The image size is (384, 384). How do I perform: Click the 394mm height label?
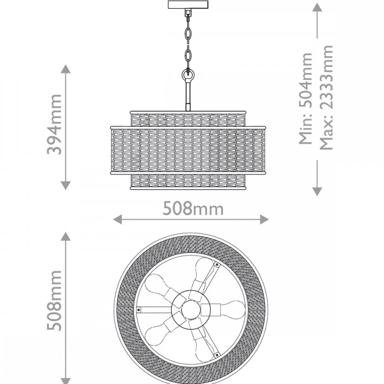pyautogui.click(x=54, y=124)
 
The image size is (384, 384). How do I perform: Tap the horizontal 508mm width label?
pyautogui.click(x=193, y=209)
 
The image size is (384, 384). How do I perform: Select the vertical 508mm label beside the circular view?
pyautogui.click(x=54, y=301)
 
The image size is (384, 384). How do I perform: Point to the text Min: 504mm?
pyautogui.click(x=306, y=98)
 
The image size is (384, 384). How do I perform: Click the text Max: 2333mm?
pyautogui.click(x=327, y=97)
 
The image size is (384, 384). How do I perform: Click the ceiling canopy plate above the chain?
pyautogui.click(x=188, y=5)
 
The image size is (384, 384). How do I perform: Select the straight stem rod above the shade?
pyautogui.click(x=188, y=95)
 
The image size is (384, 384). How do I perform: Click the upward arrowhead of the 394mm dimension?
pyautogui.click(x=65, y=69)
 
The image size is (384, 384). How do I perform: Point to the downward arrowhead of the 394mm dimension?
pyautogui.click(x=65, y=185)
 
